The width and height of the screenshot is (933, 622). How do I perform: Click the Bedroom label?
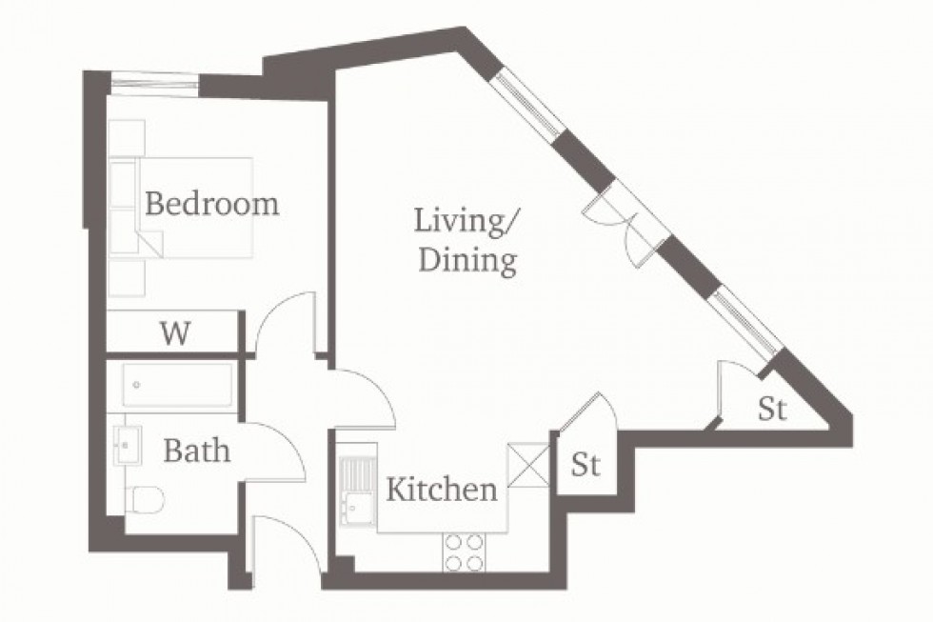(x=211, y=204)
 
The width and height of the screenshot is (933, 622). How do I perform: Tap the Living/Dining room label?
(x=466, y=241)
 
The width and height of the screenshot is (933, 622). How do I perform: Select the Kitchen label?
(x=441, y=490)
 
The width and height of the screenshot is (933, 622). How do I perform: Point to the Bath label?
(x=196, y=450)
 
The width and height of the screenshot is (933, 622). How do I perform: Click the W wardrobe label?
(x=174, y=333)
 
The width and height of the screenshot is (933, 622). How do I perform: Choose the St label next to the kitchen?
(x=586, y=466)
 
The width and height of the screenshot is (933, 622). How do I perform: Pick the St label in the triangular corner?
(x=772, y=410)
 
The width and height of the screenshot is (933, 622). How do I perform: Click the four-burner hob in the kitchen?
(x=464, y=552)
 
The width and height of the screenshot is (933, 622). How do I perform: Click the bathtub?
(x=177, y=386)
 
